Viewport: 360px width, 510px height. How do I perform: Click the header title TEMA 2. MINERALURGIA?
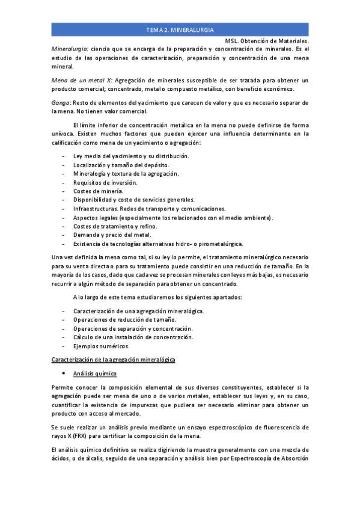tap(180, 29)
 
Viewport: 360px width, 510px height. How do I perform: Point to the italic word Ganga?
tap(61, 103)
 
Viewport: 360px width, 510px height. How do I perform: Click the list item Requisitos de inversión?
tap(105, 182)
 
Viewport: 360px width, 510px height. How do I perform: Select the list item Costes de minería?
tap(98, 191)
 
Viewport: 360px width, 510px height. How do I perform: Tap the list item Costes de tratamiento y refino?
tap(115, 226)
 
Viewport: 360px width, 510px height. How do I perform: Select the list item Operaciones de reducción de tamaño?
tap(125, 319)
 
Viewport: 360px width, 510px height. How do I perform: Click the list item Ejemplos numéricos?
tap(101, 346)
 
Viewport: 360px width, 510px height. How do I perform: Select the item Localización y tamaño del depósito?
tap(121, 165)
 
